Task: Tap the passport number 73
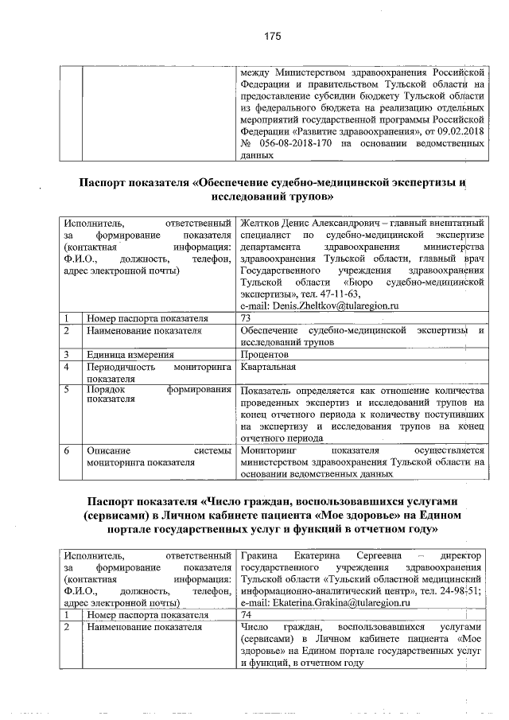(x=246, y=317)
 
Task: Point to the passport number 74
(x=246, y=615)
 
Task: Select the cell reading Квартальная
(x=268, y=367)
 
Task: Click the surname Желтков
(x=259, y=224)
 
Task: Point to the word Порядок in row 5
(x=107, y=391)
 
